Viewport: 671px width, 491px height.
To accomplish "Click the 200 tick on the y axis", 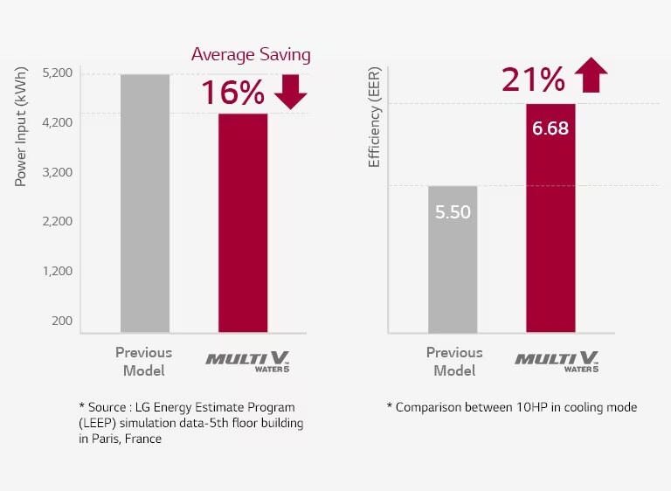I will [62, 321].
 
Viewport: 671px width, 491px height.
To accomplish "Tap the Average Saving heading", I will [251, 55].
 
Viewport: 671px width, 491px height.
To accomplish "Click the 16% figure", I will [232, 93].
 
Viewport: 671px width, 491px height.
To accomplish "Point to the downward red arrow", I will [291, 92].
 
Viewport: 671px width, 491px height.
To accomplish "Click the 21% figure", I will [533, 80].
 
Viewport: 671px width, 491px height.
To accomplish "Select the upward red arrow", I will [591, 75].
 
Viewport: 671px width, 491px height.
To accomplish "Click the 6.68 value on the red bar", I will [550, 129].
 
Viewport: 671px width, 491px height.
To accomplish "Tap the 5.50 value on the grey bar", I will [453, 212].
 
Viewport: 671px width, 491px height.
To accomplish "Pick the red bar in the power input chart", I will [242, 223].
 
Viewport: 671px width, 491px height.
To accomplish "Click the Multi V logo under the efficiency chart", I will [557, 361].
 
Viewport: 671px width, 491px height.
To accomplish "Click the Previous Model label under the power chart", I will [144, 361].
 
